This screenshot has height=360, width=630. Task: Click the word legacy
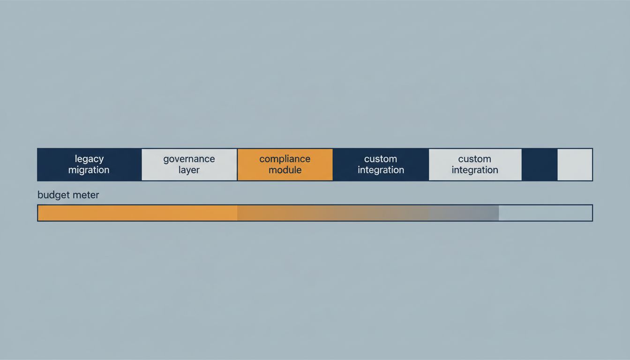[89, 159]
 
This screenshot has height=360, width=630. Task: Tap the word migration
[89, 170]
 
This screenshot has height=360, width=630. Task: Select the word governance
[189, 159]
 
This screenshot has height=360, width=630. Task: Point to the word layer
[189, 170]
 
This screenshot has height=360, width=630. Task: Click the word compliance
[285, 159]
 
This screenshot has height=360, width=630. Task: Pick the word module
[285, 170]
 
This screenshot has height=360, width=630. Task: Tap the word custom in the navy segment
[381, 159]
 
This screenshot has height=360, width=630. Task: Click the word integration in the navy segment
[381, 170]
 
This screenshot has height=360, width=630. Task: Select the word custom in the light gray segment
[474, 159]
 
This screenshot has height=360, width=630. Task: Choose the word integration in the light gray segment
[474, 170]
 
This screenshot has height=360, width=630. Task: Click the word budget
[53, 195]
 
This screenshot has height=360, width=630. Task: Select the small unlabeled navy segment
[540, 165]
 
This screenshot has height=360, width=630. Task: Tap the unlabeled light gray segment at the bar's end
[575, 165]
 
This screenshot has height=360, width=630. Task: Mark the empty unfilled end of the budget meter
[545, 213]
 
